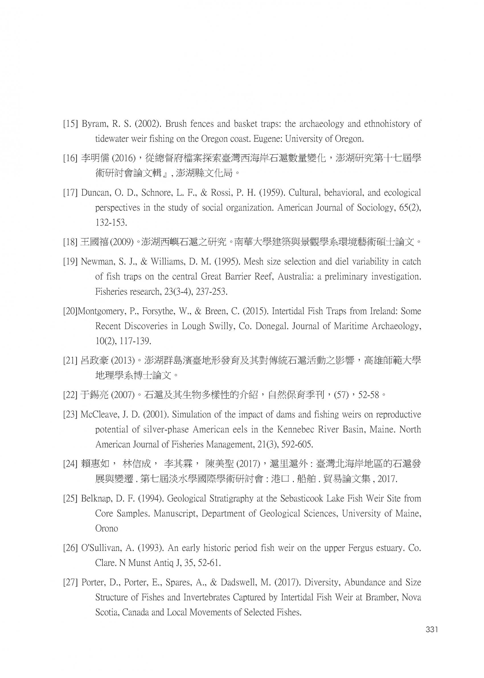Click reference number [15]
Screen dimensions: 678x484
(x=70, y=124)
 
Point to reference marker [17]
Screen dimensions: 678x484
(x=70, y=193)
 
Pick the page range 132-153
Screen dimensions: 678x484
(x=111, y=223)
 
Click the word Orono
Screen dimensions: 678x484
(x=106, y=529)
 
